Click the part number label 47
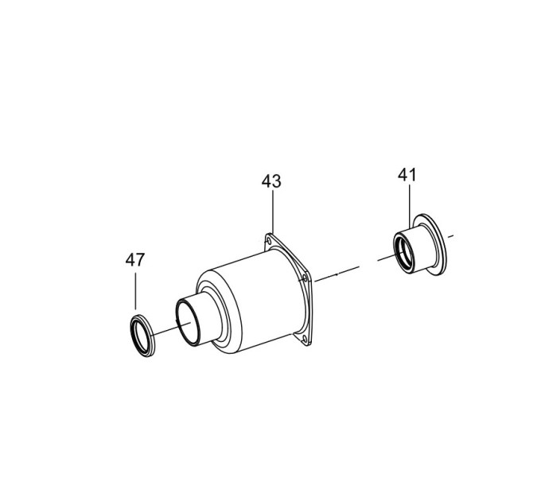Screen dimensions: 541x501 tap(135, 259)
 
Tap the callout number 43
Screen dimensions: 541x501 tap(271, 181)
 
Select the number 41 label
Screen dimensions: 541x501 tap(407, 175)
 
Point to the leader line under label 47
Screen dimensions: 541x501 tap(135, 291)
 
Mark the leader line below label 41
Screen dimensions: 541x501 tap(410, 206)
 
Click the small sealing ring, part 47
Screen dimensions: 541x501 tap(142, 336)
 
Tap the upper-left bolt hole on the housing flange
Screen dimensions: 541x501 tap(268, 241)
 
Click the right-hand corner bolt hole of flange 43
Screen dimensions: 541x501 tap(304, 278)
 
